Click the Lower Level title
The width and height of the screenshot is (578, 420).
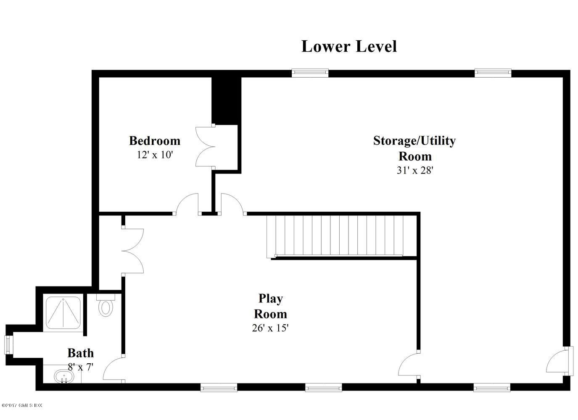(x=349, y=46)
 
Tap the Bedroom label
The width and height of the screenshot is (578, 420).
(x=154, y=141)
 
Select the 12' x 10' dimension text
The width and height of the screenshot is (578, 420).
(x=154, y=155)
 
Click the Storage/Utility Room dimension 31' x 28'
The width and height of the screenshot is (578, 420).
(x=414, y=171)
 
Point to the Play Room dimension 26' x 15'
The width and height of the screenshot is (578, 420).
(x=270, y=328)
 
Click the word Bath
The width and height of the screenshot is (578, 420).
(x=80, y=353)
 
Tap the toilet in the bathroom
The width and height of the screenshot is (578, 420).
(x=105, y=306)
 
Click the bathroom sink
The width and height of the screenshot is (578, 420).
(x=63, y=376)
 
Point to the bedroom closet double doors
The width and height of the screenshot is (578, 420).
(x=205, y=147)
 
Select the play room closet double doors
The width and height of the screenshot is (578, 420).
(x=133, y=251)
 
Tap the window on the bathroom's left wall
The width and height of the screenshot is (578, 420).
(x=8, y=345)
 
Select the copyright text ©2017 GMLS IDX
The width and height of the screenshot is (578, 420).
(x=22, y=405)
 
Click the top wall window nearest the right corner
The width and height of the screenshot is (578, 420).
(x=493, y=73)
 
